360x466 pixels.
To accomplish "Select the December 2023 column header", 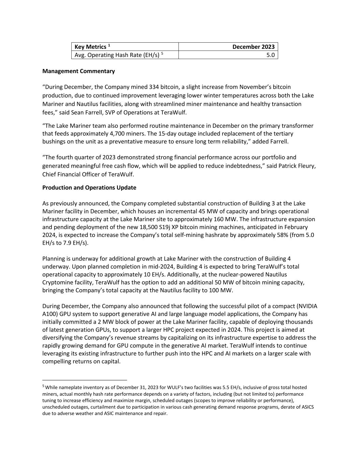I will coord(253,47).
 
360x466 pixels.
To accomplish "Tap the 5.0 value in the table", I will coord(270,55).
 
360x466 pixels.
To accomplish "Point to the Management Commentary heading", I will coord(78,71).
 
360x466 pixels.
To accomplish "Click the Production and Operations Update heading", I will coord(89,187).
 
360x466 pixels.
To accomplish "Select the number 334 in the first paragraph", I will coord(154,87).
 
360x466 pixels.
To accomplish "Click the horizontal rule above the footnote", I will coord(85,380).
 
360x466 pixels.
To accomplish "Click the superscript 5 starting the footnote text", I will coord(43,386).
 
